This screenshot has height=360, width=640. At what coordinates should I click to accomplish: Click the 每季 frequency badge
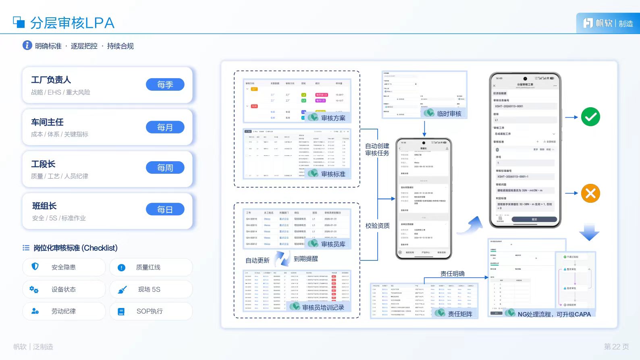click(x=165, y=85)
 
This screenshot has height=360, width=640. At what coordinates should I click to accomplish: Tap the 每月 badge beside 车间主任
click(x=165, y=127)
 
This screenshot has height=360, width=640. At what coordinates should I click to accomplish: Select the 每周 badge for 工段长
click(x=165, y=168)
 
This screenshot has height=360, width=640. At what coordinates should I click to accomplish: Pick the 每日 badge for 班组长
click(x=165, y=210)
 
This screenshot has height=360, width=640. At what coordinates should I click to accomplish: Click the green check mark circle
click(x=590, y=117)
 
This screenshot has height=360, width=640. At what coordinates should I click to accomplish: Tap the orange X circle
click(x=590, y=194)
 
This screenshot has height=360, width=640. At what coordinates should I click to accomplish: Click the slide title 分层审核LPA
click(x=72, y=23)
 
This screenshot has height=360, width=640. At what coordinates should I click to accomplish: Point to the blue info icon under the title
click(x=27, y=45)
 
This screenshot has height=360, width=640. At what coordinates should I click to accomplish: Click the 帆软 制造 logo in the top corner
click(x=608, y=23)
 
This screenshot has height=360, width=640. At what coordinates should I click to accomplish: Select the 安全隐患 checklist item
click(x=64, y=267)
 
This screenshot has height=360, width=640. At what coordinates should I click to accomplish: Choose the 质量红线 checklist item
click(x=148, y=267)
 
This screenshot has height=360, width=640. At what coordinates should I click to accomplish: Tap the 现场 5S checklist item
click(x=149, y=289)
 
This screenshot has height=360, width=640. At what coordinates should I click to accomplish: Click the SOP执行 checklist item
click(x=150, y=311)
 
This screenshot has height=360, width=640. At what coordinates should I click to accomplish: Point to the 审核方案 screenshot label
click(x=333, y=118)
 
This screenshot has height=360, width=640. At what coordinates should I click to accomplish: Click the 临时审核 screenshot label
click(x=449, y=114)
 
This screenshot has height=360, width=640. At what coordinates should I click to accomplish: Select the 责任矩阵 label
click(x=460, y=314)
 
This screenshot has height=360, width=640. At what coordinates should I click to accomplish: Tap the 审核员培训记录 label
click(x=323, y=307)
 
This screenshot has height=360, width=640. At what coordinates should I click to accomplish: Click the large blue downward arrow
click(x=589, y=233)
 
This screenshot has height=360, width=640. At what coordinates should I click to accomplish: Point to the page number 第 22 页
click(x=616, y=347)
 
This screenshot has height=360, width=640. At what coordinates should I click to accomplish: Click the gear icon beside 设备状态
click(x=34, y=289)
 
